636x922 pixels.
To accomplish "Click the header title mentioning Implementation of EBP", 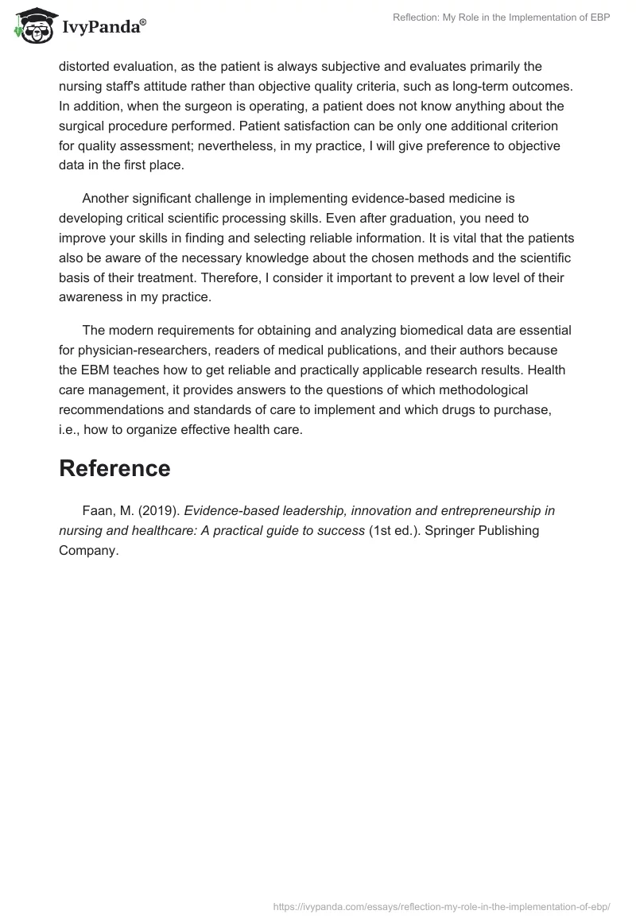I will (x=501, y=18).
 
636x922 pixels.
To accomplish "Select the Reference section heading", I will (x=114, y=468).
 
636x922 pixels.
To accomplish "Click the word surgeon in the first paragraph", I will (x=235, y=106).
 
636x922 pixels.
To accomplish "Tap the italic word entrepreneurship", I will (x=497, y=511).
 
